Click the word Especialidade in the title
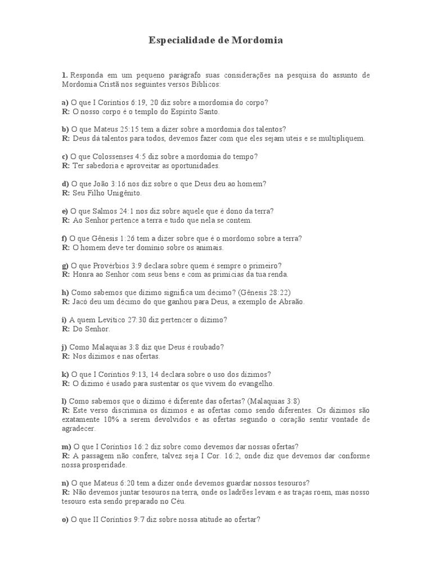click(x=183, y=40)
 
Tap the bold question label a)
click(x=65, y=102)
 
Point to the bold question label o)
click(x=65, y=520)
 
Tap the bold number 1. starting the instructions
click(x=65, y=75)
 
